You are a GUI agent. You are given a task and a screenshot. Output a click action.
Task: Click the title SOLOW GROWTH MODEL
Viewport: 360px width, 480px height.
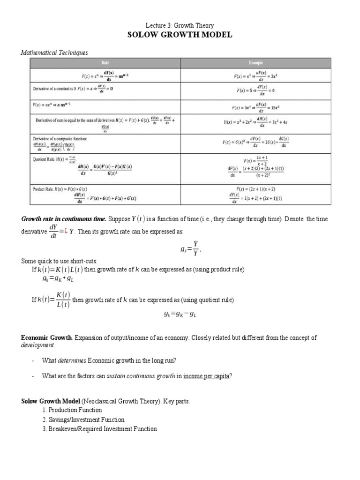tap(180, 35)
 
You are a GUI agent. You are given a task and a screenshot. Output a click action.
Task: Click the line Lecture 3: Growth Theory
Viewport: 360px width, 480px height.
tap(180, 25)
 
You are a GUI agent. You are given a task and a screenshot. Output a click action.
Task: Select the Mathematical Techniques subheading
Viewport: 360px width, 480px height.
tap(54, 52)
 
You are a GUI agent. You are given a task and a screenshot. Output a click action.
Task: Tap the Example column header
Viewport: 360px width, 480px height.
tap(255, 63)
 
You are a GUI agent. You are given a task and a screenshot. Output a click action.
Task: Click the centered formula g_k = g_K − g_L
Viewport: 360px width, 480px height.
tap(180, 315)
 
